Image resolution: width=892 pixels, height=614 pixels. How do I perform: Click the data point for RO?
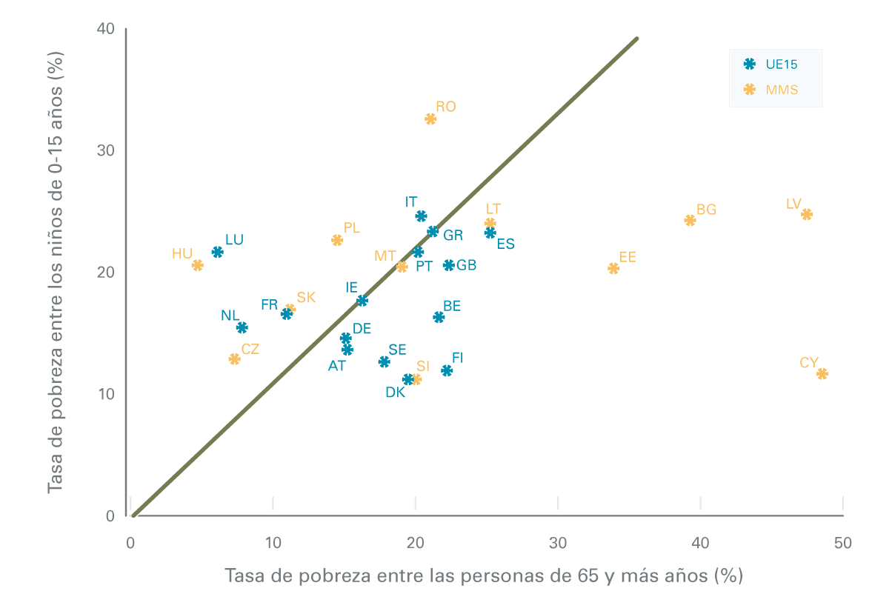point(430,119)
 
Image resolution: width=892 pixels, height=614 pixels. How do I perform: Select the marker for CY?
point(822,374)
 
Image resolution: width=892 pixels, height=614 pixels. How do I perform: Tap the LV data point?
point(807,214)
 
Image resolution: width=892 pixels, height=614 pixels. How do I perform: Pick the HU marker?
point(198,265)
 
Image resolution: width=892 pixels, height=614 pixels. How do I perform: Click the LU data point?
point(217,252)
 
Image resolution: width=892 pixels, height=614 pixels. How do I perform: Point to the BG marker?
point(690,220)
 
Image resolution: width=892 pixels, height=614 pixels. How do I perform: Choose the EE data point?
point(613,268)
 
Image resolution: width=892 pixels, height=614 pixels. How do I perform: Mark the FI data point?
point(447,370)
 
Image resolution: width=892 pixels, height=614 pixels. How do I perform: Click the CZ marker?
point(235,359)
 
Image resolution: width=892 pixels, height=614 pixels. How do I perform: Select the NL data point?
point(242,327)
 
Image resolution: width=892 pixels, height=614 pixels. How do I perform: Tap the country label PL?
point(351,228)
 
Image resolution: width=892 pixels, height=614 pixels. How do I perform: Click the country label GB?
point(466,265)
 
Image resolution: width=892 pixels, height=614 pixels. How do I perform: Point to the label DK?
point(396,393)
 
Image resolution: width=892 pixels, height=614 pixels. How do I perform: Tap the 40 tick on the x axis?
point(700,543)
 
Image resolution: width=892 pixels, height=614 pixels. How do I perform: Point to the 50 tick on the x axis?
point(842,543)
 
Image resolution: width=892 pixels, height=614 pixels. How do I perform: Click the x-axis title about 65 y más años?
point(483,575)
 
